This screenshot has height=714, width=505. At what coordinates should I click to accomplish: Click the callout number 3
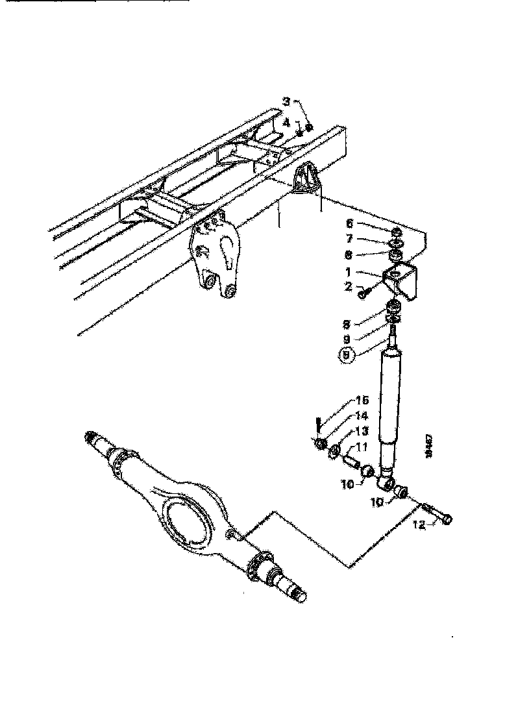(287, 101)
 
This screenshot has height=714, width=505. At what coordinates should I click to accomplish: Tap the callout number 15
(362, 400)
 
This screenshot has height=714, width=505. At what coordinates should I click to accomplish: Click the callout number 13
(362, 432)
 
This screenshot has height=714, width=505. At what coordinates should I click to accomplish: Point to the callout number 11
(362, 447)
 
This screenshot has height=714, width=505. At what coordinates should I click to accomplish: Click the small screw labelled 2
(362, 294)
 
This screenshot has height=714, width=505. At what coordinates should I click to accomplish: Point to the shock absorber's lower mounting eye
(388, 483)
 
